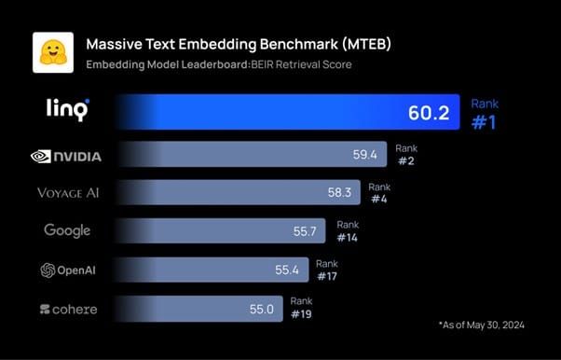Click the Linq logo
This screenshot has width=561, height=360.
point(67,110)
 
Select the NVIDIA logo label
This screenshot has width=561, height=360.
point(66,156)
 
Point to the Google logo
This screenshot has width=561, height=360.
point(67,230)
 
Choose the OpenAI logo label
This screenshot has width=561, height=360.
point(67,270)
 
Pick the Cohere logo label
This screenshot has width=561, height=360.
point(68,309)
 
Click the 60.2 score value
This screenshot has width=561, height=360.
point(429,113)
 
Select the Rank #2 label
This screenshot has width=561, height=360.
point(406,154)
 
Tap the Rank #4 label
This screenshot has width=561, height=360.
point(380,192)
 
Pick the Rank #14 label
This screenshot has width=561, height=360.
point(349,230)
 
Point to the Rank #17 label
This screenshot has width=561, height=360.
point(327,270)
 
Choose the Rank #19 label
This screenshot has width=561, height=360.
point(302,308)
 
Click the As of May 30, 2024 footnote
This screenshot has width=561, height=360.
point(482,324)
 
